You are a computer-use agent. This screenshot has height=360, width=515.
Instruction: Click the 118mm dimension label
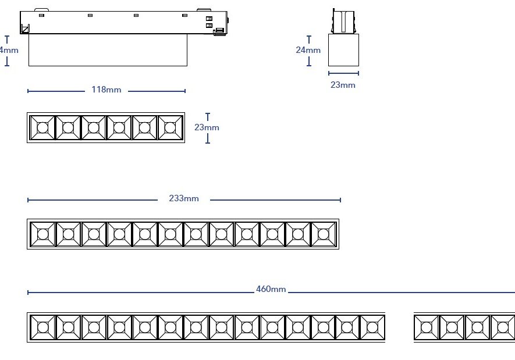(106, 90)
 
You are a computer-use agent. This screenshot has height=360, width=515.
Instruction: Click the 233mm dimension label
(183, 199)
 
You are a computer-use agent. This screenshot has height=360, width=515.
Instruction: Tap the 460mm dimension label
(271, 289)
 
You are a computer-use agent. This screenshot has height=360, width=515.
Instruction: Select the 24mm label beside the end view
(308, 50)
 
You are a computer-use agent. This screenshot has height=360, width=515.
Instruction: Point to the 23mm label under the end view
(343, 85)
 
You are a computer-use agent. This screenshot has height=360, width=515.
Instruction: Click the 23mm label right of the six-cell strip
(207, 127)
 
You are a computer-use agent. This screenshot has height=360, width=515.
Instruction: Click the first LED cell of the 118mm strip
(42, 127)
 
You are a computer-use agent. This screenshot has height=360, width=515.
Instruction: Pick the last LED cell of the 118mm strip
(170, 127)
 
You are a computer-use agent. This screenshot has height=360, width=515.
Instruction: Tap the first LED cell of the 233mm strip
(42, 234)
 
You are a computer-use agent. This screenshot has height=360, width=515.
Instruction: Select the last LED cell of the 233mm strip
(324, 234)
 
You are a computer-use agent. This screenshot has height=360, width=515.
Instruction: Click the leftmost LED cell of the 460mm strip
(42, 327)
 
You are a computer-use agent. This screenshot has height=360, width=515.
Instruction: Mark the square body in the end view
(343, 50)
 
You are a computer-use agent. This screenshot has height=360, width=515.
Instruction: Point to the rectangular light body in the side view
(108, 50)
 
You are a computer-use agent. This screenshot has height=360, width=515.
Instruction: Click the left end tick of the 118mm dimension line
(28, 91)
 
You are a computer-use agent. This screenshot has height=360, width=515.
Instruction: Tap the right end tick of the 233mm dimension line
(340, 199)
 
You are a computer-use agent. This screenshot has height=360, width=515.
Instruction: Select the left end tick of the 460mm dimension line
(28, 292)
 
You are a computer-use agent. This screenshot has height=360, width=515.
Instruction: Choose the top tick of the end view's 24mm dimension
(308, 37)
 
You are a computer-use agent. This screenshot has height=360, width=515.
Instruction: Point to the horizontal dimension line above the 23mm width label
(343, 73)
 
